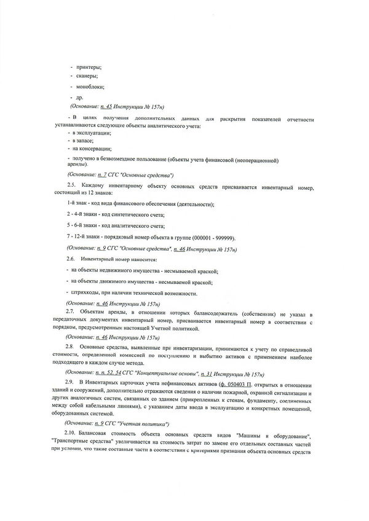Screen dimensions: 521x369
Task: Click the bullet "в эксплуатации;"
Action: pos(92,133)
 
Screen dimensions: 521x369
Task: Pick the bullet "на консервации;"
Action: pos(92,149)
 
